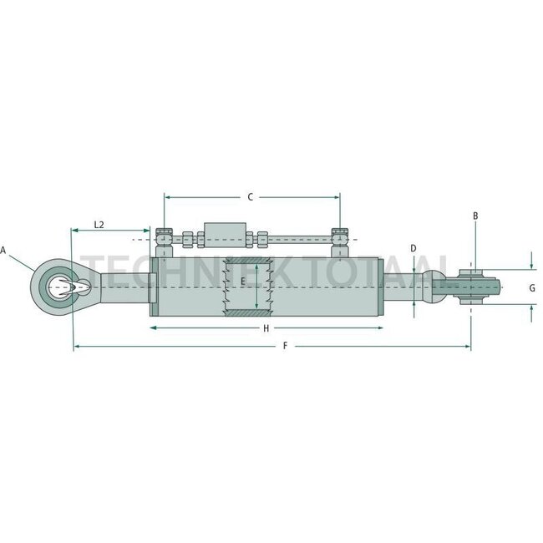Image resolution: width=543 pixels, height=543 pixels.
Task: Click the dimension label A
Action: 4,250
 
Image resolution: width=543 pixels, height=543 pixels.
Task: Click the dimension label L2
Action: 99,225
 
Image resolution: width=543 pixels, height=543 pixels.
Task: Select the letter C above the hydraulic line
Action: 250,197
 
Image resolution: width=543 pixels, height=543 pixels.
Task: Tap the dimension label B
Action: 474,216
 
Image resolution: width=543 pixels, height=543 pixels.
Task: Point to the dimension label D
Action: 414,249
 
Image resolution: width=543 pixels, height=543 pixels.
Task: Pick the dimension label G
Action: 532,287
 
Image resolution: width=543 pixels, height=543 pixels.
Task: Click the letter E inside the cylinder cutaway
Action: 243,282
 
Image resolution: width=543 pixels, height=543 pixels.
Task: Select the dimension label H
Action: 266,328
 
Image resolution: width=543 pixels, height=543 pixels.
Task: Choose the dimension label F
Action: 285,346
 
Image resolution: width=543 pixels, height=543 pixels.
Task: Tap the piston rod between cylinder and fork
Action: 405,287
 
